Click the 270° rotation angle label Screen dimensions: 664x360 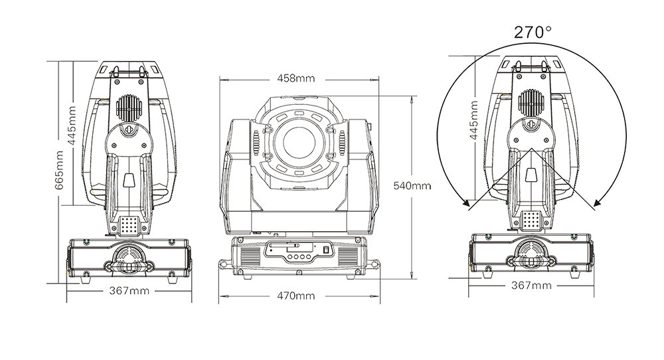pos(533,32)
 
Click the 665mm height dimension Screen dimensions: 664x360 pos(60,170)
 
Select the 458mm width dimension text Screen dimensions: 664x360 pos(296,78)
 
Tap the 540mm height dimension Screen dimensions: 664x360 pos(412,185)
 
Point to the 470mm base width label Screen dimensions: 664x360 pos(296,296)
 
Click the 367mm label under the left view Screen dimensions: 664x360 pos(129,291)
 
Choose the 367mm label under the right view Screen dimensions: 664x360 pos(531,286)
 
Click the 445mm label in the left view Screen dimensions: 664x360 pos(72,126)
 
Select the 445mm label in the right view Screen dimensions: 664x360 pos(474,120)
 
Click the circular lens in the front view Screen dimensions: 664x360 pos(299,142)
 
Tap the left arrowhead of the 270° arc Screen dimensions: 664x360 pos(467,204)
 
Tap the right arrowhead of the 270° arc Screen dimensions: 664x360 pos(598,204)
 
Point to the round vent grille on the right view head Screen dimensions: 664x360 pos(531,103)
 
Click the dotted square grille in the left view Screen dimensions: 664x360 pos(129,226)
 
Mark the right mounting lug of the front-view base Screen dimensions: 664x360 pos(373,265)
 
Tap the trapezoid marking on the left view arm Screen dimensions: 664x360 pos(129,180)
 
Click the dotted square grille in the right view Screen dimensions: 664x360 pos(532,221)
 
